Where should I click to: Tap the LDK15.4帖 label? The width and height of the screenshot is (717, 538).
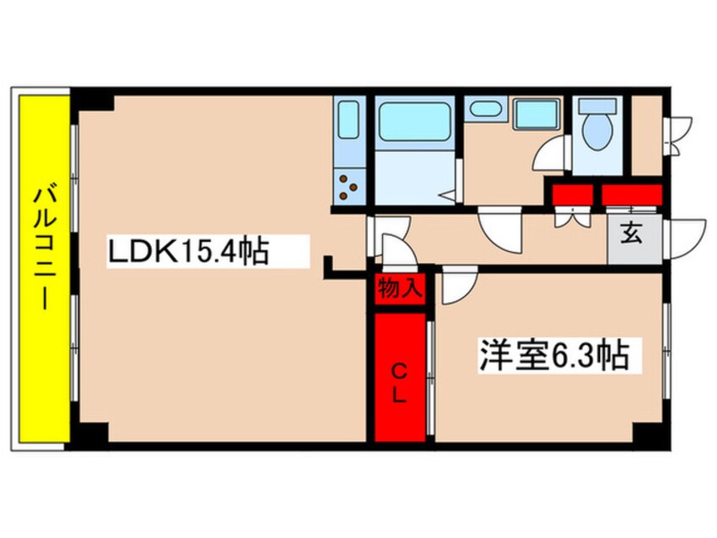pyautogui.click(x=187, y=252)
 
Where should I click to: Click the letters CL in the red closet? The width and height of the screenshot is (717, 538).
pyautogui.click(x=400, y=381)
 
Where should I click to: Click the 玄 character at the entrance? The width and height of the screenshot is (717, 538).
pyautogui.click(x=631, y=232)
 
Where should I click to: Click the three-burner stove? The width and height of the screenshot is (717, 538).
pyautogui.click(x=348, y=186)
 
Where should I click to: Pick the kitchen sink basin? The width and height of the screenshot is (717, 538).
pyautogui.click(x=347, y=121)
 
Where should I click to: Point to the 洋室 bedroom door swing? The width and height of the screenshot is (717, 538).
pyautogui.click(x=456, y=283)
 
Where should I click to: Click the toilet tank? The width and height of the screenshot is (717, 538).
pyautogui.click(x=600, y=107)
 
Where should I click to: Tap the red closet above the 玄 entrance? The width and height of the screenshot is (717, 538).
pyautogui.click(x=631, y=193)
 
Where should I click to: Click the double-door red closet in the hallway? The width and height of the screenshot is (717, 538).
pyautogui.click(x=571, y=194)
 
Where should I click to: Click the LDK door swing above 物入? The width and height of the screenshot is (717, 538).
pyautogui.click(x=396, y=250)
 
